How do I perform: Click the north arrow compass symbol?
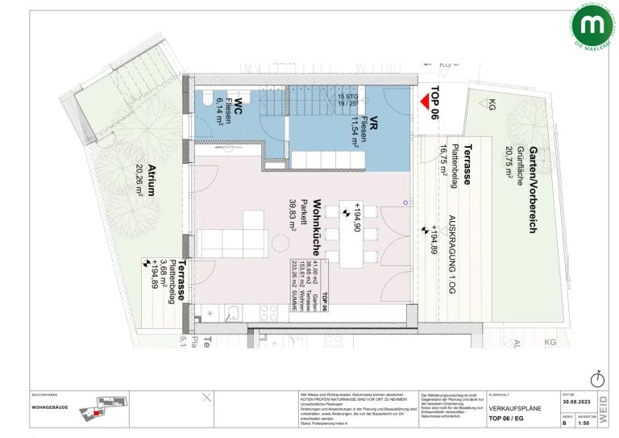coord(597,378)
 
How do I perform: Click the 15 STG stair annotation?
coord(347,97)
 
